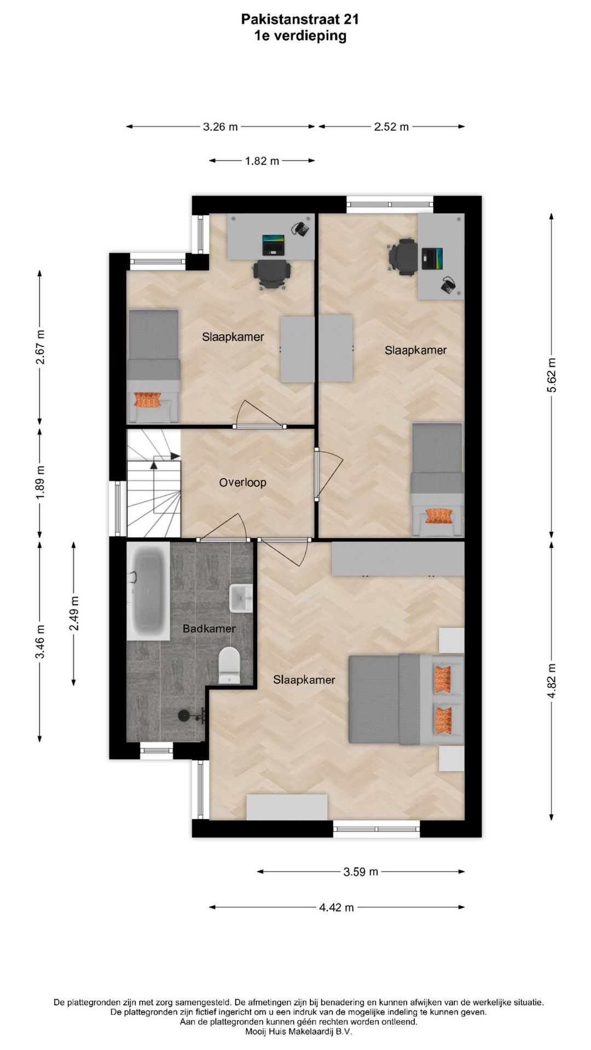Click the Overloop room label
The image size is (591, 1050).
[x=242, y=482]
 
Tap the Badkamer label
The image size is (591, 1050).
[x=209, y=629]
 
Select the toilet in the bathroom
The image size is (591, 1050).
[x=229, y=665]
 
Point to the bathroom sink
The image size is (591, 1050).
[x=241, y=598]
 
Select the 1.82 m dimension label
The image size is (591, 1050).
[x=262, y=161]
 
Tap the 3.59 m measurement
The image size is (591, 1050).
[x=361, y=872]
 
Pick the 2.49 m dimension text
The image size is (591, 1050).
[x=74, y=613]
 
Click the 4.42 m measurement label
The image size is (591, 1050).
[x=337, y=907]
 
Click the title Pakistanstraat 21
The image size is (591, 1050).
[x=300, y=20]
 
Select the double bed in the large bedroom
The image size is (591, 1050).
[x=406, y=698]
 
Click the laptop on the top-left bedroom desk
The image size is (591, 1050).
[x=274, y=244]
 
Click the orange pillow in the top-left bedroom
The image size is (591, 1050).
[x=148, y=400]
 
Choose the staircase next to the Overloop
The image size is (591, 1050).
[x=154, y=483]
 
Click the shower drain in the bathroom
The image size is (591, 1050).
[x=184, y=715]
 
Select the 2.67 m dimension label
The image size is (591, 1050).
[x=40, y=347]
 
